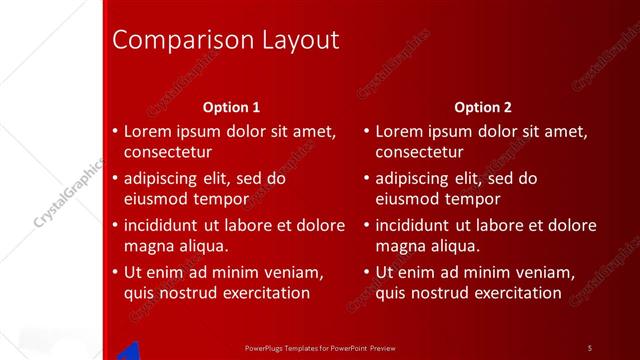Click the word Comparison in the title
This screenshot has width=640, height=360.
click(x=170, y=40)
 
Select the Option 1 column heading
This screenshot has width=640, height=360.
click(x=231, y=107)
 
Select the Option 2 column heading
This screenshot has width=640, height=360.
click(x=482, y=107)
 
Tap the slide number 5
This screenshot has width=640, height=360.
click(x=590, y=347)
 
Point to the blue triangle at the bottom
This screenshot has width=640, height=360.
click(x=129, y=350)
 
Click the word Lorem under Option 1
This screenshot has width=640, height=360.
click(x=149, y=131)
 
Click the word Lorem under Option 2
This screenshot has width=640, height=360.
click(x=400, y=131)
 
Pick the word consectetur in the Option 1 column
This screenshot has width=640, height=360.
click(x=167, y=152)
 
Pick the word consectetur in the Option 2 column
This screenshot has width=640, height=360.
click(x=419, y=152)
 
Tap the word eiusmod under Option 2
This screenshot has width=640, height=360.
click(x=408, y=199)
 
